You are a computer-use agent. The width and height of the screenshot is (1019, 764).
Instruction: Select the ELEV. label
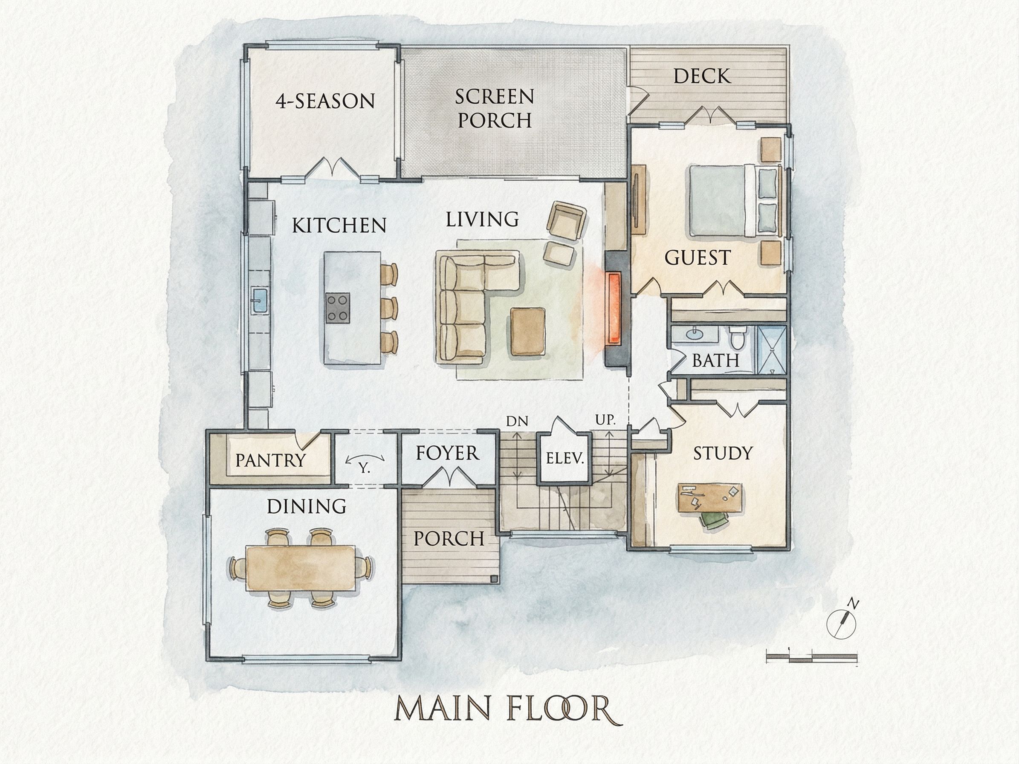tap(565, 458)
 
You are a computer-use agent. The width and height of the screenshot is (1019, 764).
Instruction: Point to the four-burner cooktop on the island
tap(338, 307)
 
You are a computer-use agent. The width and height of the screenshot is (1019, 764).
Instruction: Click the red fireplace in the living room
tap(613, 308)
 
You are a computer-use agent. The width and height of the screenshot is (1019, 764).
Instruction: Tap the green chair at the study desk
tap(713, 520)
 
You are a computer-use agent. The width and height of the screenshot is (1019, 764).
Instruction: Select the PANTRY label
tap(270, 460)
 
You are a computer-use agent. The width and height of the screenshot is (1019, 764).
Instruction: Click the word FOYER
tap(447, 453)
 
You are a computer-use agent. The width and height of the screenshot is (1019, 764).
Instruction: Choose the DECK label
tap(702, 76)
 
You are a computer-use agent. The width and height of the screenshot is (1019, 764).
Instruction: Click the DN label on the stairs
tap(517, 421)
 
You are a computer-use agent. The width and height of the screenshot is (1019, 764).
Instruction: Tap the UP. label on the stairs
tap(605, 420)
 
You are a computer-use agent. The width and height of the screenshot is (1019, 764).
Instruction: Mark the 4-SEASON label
tap(325, 101)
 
